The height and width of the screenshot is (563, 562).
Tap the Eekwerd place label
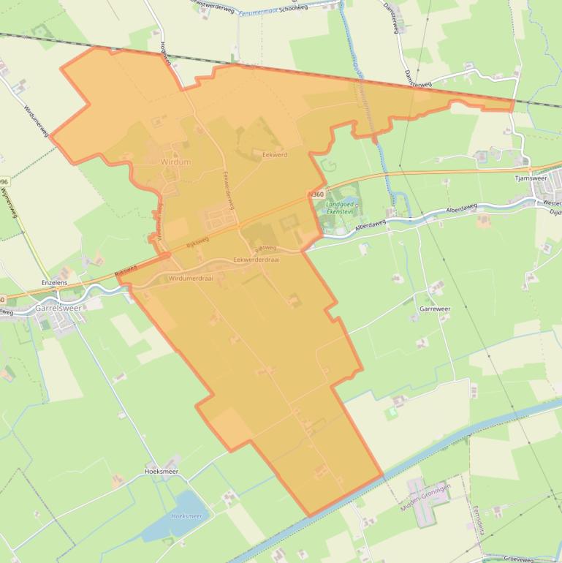click(275, 155)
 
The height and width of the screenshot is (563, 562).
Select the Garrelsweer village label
click(58, 309)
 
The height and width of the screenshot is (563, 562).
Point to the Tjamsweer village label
click(531, 177)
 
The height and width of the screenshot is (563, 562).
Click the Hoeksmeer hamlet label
click(162, 472)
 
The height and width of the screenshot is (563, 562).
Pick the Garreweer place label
click(435, 309)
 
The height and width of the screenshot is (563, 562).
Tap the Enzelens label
click(54, 282)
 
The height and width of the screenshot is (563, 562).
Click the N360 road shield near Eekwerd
click(316, 194)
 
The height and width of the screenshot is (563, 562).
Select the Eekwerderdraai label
click(257, 260)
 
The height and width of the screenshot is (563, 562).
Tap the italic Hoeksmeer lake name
click(186, 515)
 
